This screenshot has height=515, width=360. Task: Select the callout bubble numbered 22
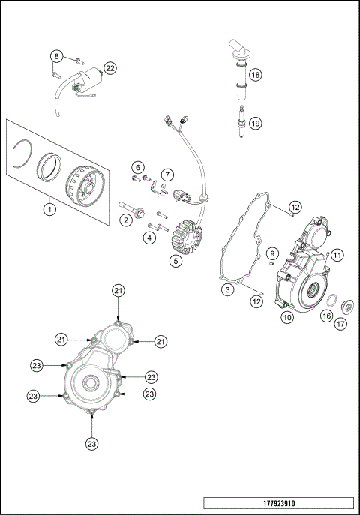point(109,68)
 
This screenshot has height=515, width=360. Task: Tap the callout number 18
point(255,75)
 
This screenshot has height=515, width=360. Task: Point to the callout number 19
point(255,124)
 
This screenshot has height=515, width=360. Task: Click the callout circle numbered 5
point(174,261)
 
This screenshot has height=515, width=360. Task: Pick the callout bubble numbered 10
point(286,317)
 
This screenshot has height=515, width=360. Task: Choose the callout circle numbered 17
point(341,324)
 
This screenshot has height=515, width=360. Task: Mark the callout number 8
point(56,57)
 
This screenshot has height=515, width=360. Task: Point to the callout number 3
point(226,289)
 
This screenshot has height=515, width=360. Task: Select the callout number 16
point(326,316)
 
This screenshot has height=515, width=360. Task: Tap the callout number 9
point(272,252)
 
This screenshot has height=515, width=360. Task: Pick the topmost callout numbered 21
point(118,290)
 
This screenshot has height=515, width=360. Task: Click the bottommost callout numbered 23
point(92,442)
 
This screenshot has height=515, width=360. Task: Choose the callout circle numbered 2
point(127,219)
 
